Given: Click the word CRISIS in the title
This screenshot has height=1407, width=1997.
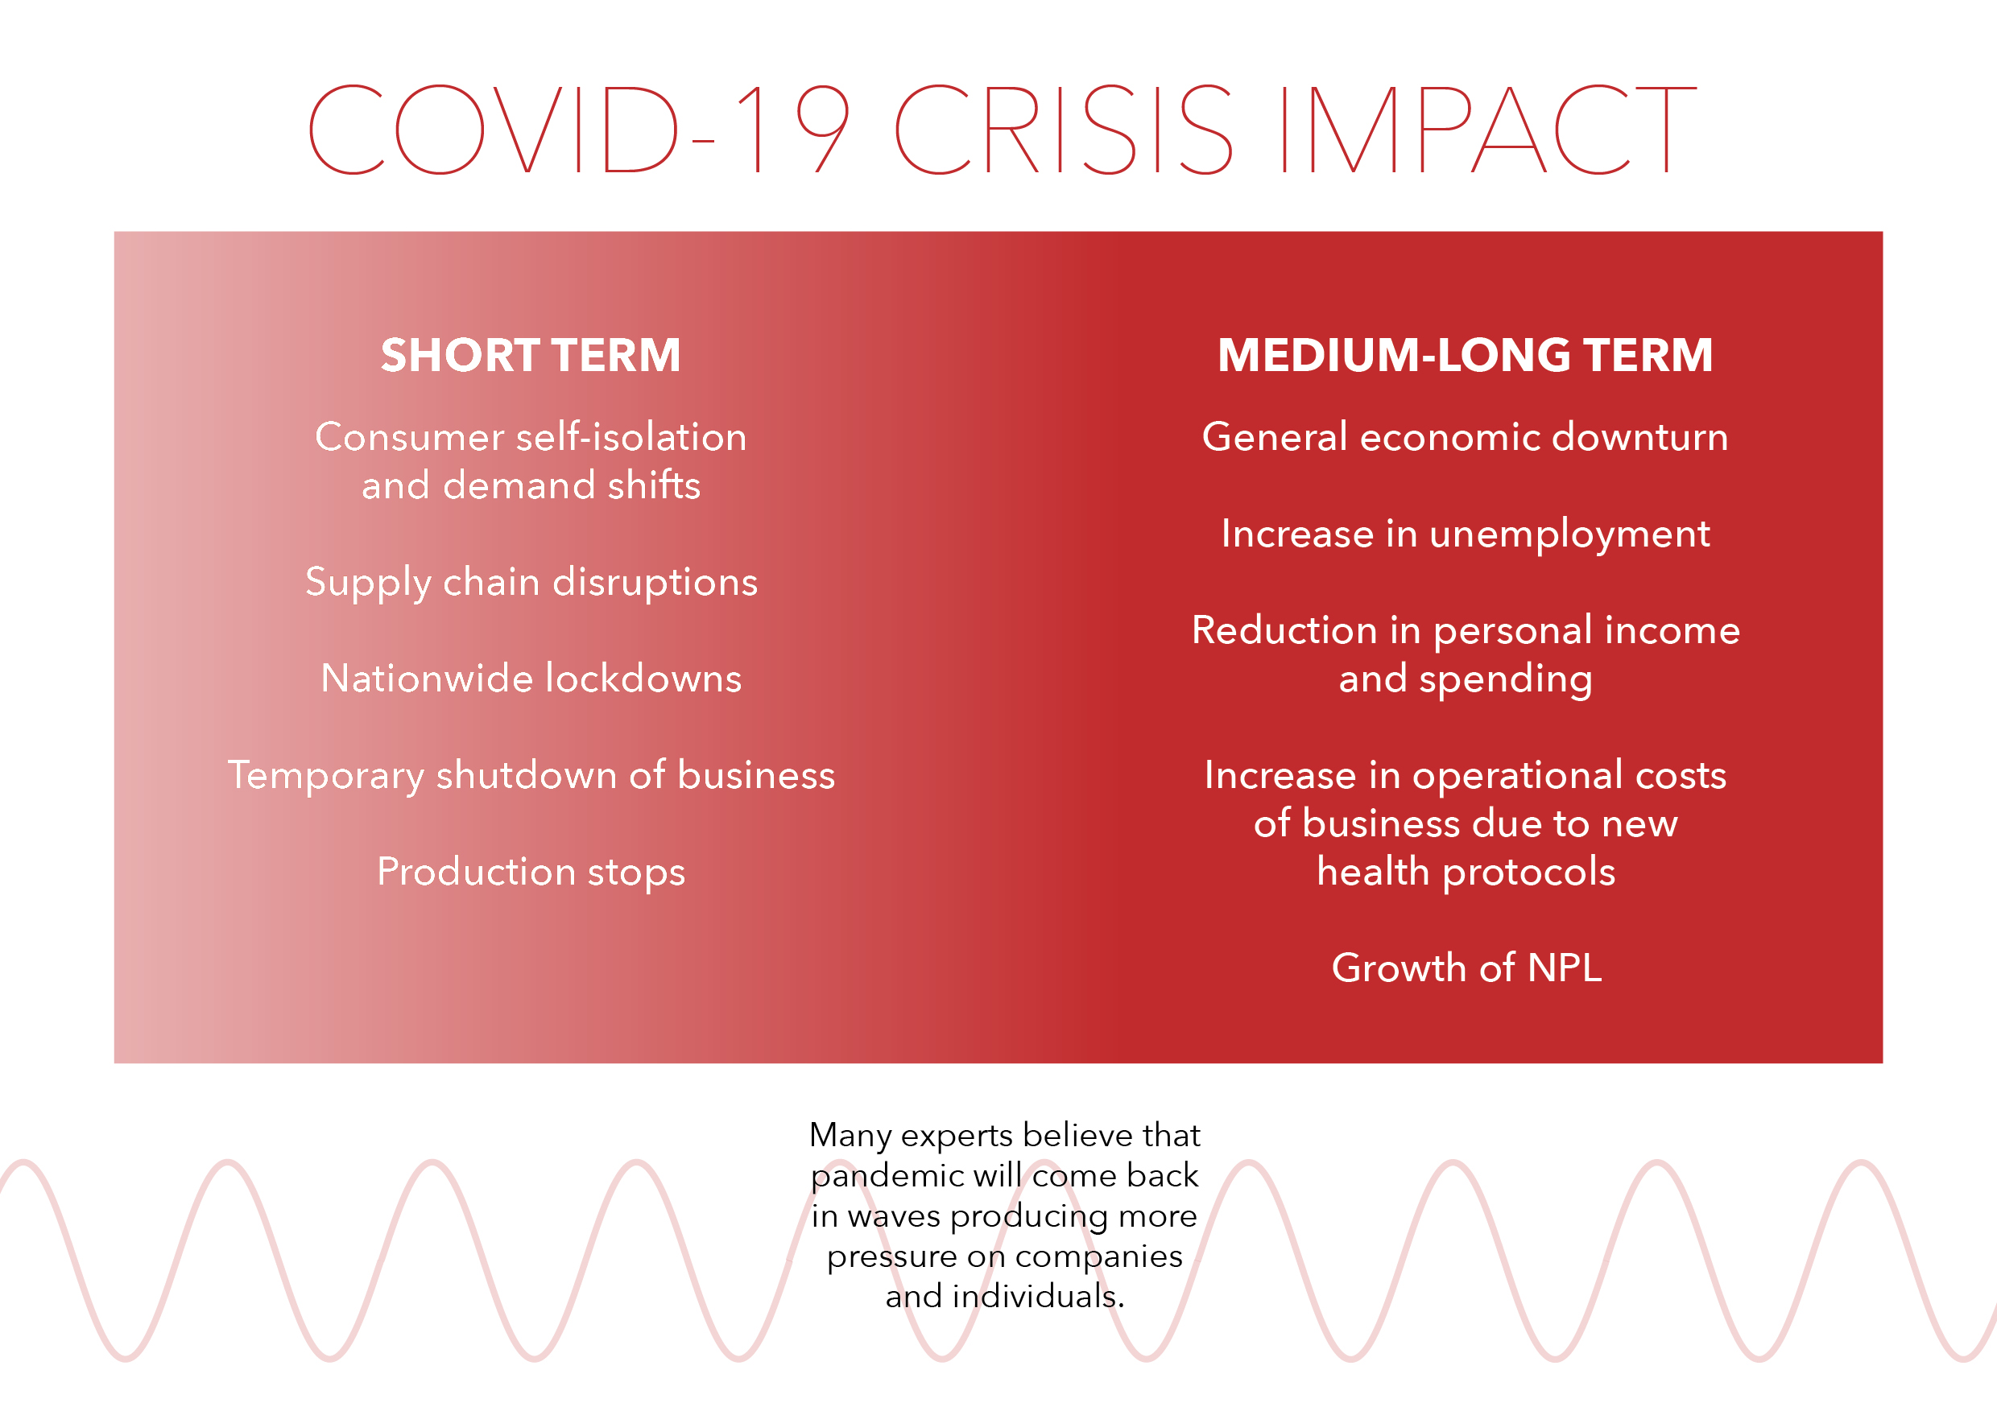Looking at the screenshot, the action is (1064, 130).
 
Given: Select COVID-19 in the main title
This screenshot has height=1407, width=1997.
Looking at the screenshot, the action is (579, 130).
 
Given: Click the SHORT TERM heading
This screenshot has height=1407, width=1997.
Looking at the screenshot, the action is (531, 355).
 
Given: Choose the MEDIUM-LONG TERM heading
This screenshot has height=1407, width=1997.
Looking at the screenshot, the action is (1465, 355).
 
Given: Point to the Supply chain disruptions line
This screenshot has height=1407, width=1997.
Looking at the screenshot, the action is (531, 583).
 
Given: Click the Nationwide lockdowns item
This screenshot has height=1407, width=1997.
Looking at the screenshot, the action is (531, 679).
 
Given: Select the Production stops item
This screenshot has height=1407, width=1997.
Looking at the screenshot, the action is (531, 873).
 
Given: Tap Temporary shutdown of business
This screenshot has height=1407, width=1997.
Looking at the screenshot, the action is (531, 776).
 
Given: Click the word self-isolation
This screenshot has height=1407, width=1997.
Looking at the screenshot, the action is (631, 436).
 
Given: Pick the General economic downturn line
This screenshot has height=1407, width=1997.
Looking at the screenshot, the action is (1465, 436).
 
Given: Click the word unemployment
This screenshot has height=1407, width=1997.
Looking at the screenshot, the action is (1569, 534).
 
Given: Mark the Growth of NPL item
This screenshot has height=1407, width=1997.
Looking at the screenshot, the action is (1466, 968).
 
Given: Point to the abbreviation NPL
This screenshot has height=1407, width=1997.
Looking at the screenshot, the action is (1564, 968).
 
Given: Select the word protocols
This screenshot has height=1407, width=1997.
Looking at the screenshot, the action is (1528, 873).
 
